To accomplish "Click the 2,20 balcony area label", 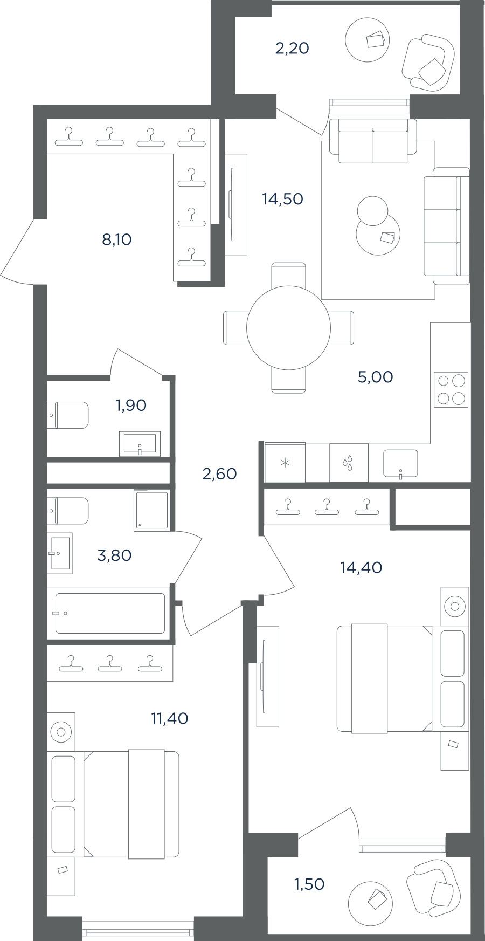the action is [x=292, y=49].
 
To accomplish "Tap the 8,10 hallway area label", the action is [x=117, y=239].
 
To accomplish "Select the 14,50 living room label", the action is [x=282, y=199].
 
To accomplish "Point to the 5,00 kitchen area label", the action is [x=375, y=377].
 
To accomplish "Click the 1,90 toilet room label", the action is [x=131, y=405].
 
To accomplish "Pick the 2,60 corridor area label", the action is [x=219, y=474].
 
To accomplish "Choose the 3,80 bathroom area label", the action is [x=114, y=555].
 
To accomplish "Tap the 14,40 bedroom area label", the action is [x=361, y=567].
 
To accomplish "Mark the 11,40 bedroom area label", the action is [x=170, y=718].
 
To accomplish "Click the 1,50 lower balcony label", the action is [x=309, y=884].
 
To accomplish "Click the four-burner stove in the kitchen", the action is [x=451, y=389].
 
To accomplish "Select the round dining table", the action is [x=288, y=327].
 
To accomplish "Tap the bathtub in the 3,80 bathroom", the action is [x=110, y=614].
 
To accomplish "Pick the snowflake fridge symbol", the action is [x=285, y=463].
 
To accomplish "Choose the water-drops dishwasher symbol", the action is [x=349, y=463].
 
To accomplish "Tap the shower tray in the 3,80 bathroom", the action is [x=151, y=510].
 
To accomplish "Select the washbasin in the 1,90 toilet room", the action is [x=140, y=444].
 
